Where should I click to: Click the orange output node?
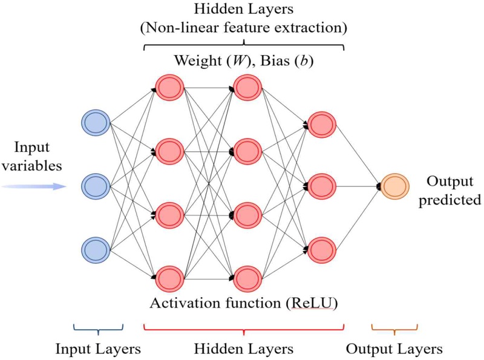(x=395, y=186)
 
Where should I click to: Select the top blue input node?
(x=96, y=123)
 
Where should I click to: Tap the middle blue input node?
(x=96, y=186)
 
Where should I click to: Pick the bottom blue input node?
(x=96, y=250)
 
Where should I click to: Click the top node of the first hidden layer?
(x=169, y=87)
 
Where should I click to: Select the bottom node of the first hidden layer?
(x=169, y=279)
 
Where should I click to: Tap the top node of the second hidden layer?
(x=247, y=87)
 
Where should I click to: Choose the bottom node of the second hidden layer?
(x=247, y=279)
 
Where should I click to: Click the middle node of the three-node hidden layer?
(x=322, y=186)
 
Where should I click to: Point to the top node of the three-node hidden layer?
(x=322, y=125)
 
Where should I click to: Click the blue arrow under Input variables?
(x=34, y=186)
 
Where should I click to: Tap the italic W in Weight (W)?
(x=237, y=61)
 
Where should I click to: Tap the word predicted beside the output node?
(x=450, y=200)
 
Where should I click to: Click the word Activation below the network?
(x=186, y=303)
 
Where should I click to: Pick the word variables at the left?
(x=32, y=166)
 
